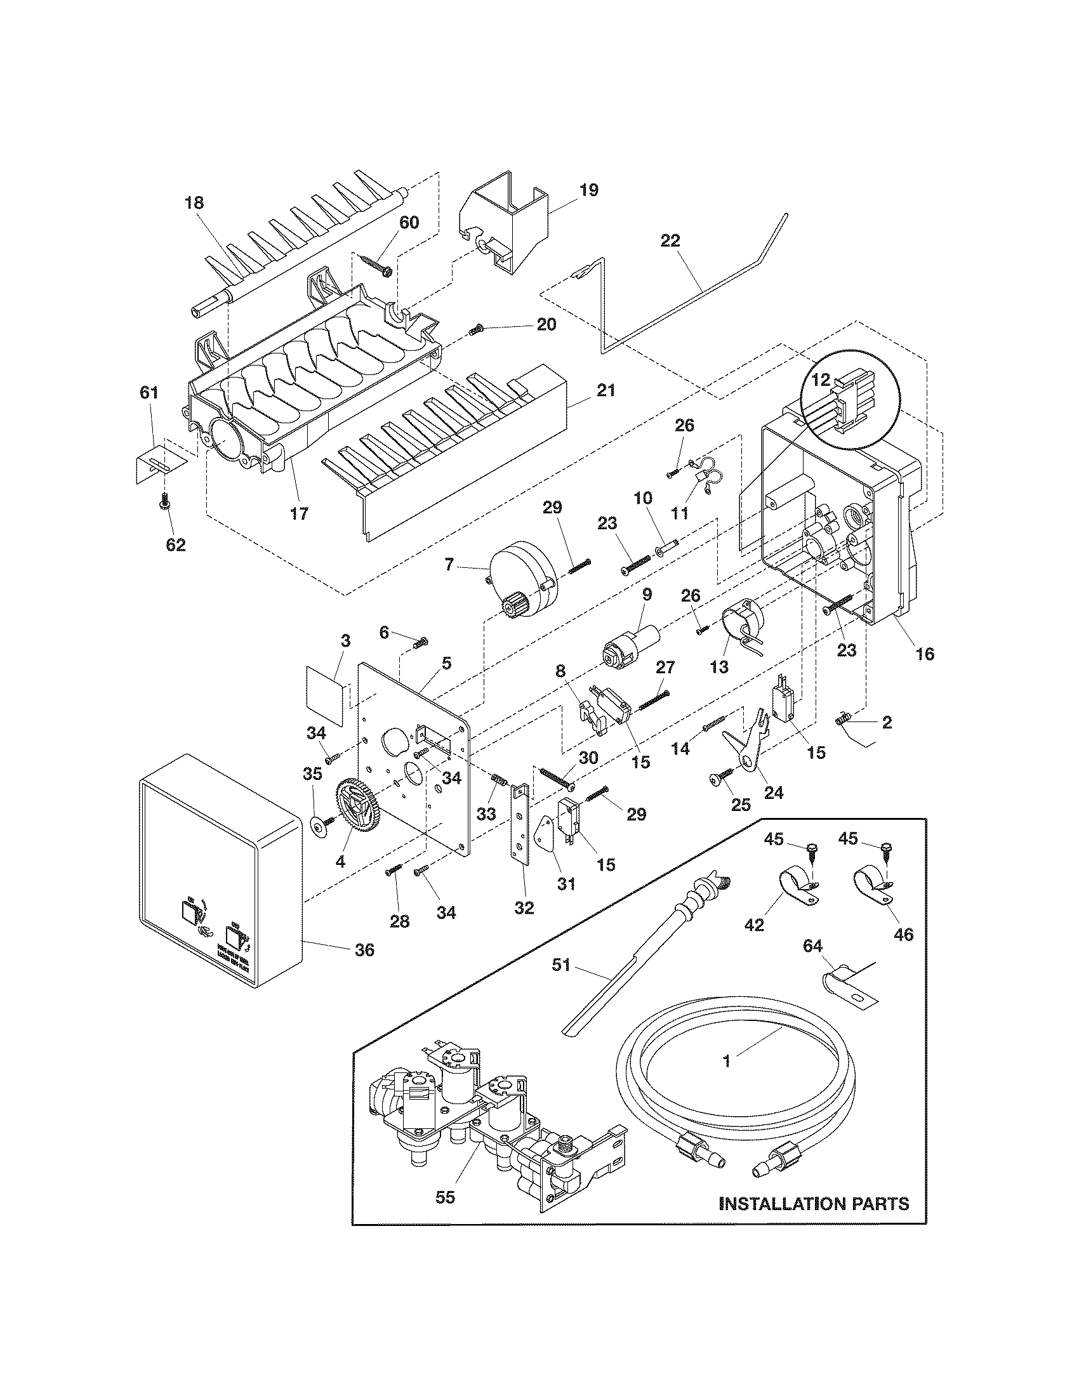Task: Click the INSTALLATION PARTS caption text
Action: pos(813,1204)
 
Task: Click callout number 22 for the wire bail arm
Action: pos(670,241)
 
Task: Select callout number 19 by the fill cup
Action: pos(589,190)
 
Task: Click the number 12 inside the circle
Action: pos(821,379)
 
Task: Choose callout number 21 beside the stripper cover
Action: pos(606,390)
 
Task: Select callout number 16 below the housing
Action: pos(925,653)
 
